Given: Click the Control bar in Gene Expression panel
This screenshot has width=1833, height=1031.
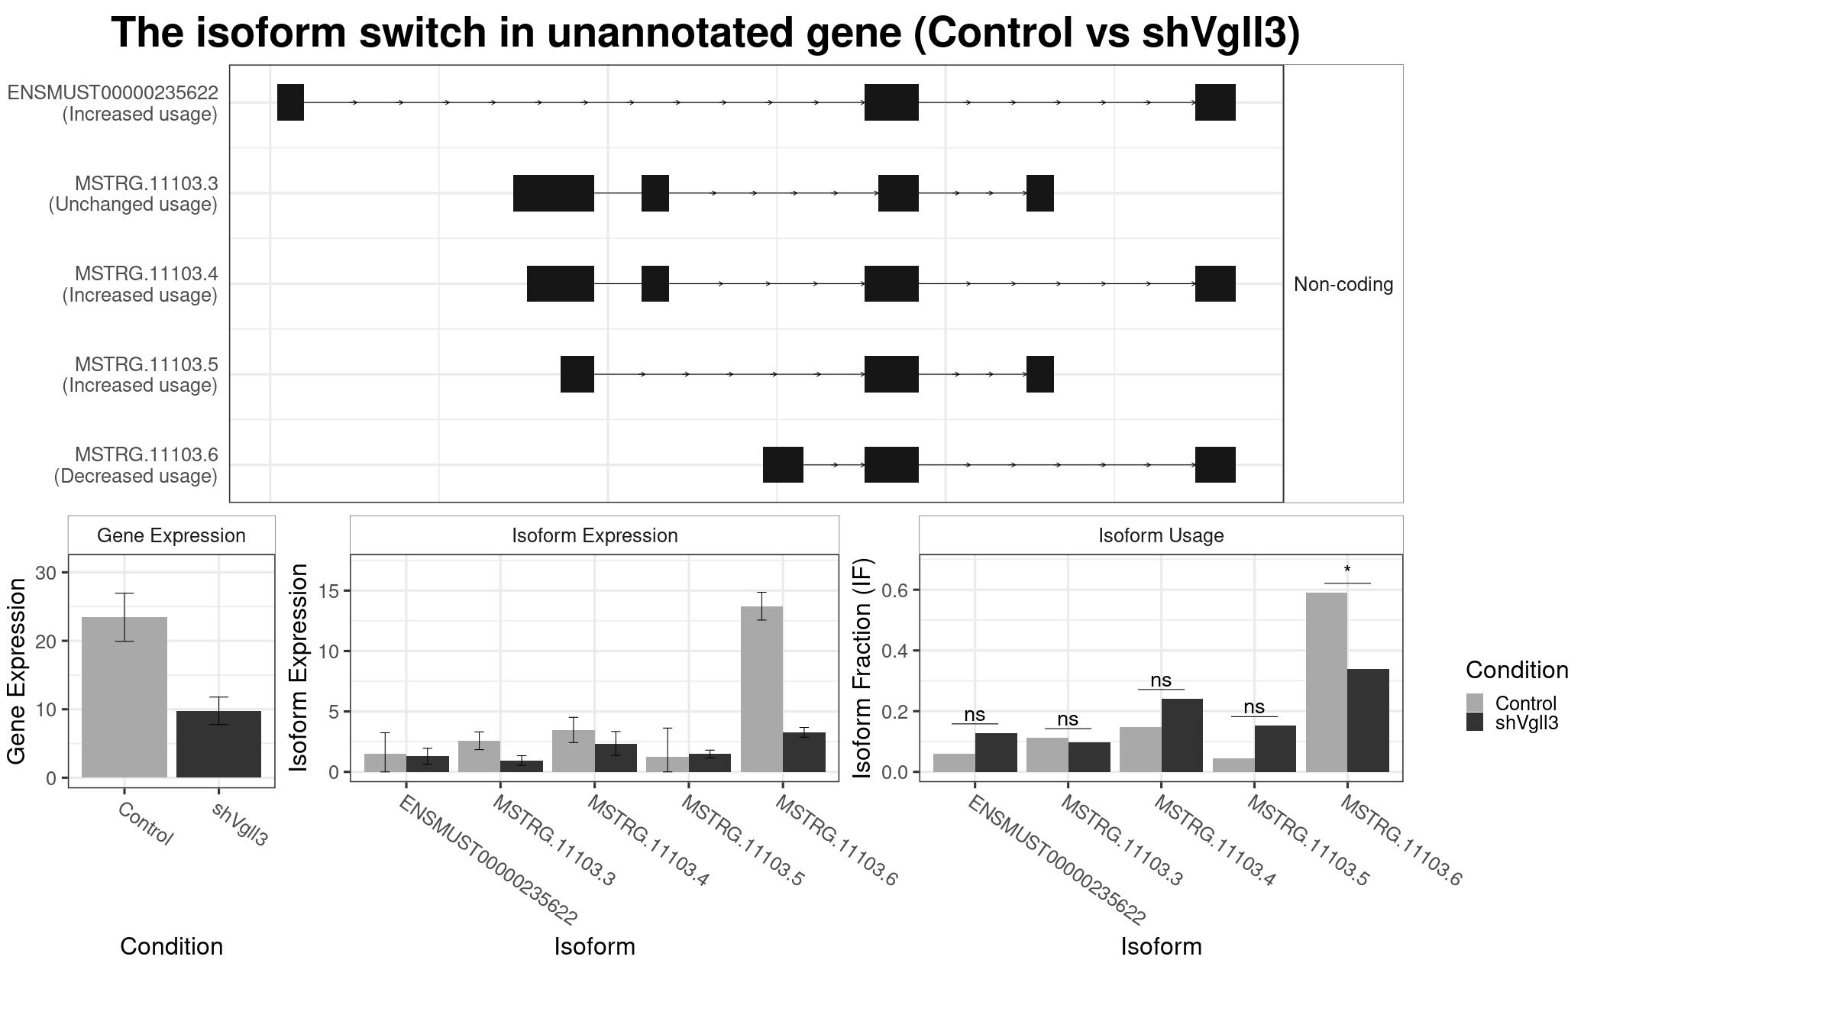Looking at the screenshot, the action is point(124,697).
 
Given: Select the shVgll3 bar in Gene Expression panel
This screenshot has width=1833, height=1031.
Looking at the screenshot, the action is point(218,744).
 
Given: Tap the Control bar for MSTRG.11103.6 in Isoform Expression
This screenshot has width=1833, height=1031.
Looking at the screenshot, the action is point(761,689).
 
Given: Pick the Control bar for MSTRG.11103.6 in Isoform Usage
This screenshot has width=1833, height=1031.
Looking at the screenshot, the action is point(1327,682).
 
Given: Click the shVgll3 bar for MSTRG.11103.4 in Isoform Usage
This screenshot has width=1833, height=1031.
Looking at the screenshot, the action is point(1182,735).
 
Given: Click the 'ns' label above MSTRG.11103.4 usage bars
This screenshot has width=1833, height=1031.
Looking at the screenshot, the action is point(1161,680).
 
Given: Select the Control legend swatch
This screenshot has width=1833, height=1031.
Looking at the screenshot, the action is point(1475,703).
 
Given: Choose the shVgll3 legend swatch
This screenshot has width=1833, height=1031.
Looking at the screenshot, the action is point(1475,722).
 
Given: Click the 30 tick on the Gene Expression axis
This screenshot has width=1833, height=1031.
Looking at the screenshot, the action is point(46,573).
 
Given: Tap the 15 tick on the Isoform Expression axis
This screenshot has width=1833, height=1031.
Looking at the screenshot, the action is point(328,591).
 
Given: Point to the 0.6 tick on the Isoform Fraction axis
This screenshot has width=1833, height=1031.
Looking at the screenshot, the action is point(895,590).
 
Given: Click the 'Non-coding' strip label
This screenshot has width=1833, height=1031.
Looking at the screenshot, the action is point(1343,284).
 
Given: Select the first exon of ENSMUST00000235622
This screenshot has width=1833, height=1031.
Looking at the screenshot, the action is point(290,102).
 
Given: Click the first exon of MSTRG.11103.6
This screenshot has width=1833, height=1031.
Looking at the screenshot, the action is point(783,464).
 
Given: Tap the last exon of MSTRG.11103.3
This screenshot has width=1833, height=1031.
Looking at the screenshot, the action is point(1040,193).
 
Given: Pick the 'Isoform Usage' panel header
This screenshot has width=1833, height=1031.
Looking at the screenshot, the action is point(1161,535).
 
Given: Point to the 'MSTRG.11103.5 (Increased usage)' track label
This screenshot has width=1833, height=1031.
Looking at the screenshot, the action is point(141,375).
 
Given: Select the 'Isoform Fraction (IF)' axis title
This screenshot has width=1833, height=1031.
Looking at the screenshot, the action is point(862,668).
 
